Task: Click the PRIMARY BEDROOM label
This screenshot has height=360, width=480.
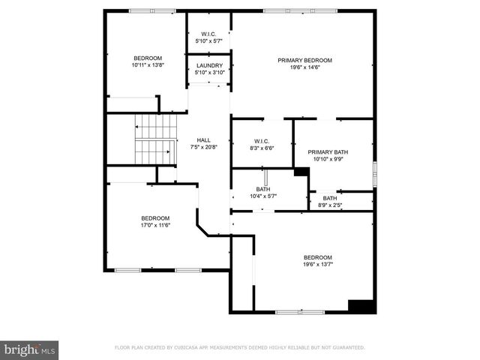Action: [304, 60]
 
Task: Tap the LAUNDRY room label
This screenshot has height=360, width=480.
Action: [208, 65]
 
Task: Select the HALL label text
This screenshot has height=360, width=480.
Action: [203, 139]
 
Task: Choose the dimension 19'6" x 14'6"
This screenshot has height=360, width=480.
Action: [304, 67]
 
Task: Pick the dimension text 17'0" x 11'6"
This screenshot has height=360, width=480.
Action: [156, 225]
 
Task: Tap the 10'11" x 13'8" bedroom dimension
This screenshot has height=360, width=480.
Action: [148, 65]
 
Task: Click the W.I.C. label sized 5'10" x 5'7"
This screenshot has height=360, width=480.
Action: [208, 34]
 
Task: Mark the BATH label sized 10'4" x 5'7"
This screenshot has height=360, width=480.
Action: [262, 189]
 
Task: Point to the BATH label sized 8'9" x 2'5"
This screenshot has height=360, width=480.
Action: [330, 198]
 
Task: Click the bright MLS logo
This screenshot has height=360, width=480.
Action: [30, 349]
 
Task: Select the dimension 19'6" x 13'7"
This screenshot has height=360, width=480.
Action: [318, 264]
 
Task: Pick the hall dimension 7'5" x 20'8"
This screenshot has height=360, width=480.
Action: [203, 146]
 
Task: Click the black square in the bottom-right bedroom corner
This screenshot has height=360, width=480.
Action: [361, 306]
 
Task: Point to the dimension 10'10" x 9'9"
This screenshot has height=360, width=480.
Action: [328, 158]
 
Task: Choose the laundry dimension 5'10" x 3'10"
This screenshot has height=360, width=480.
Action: [208, 72]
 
